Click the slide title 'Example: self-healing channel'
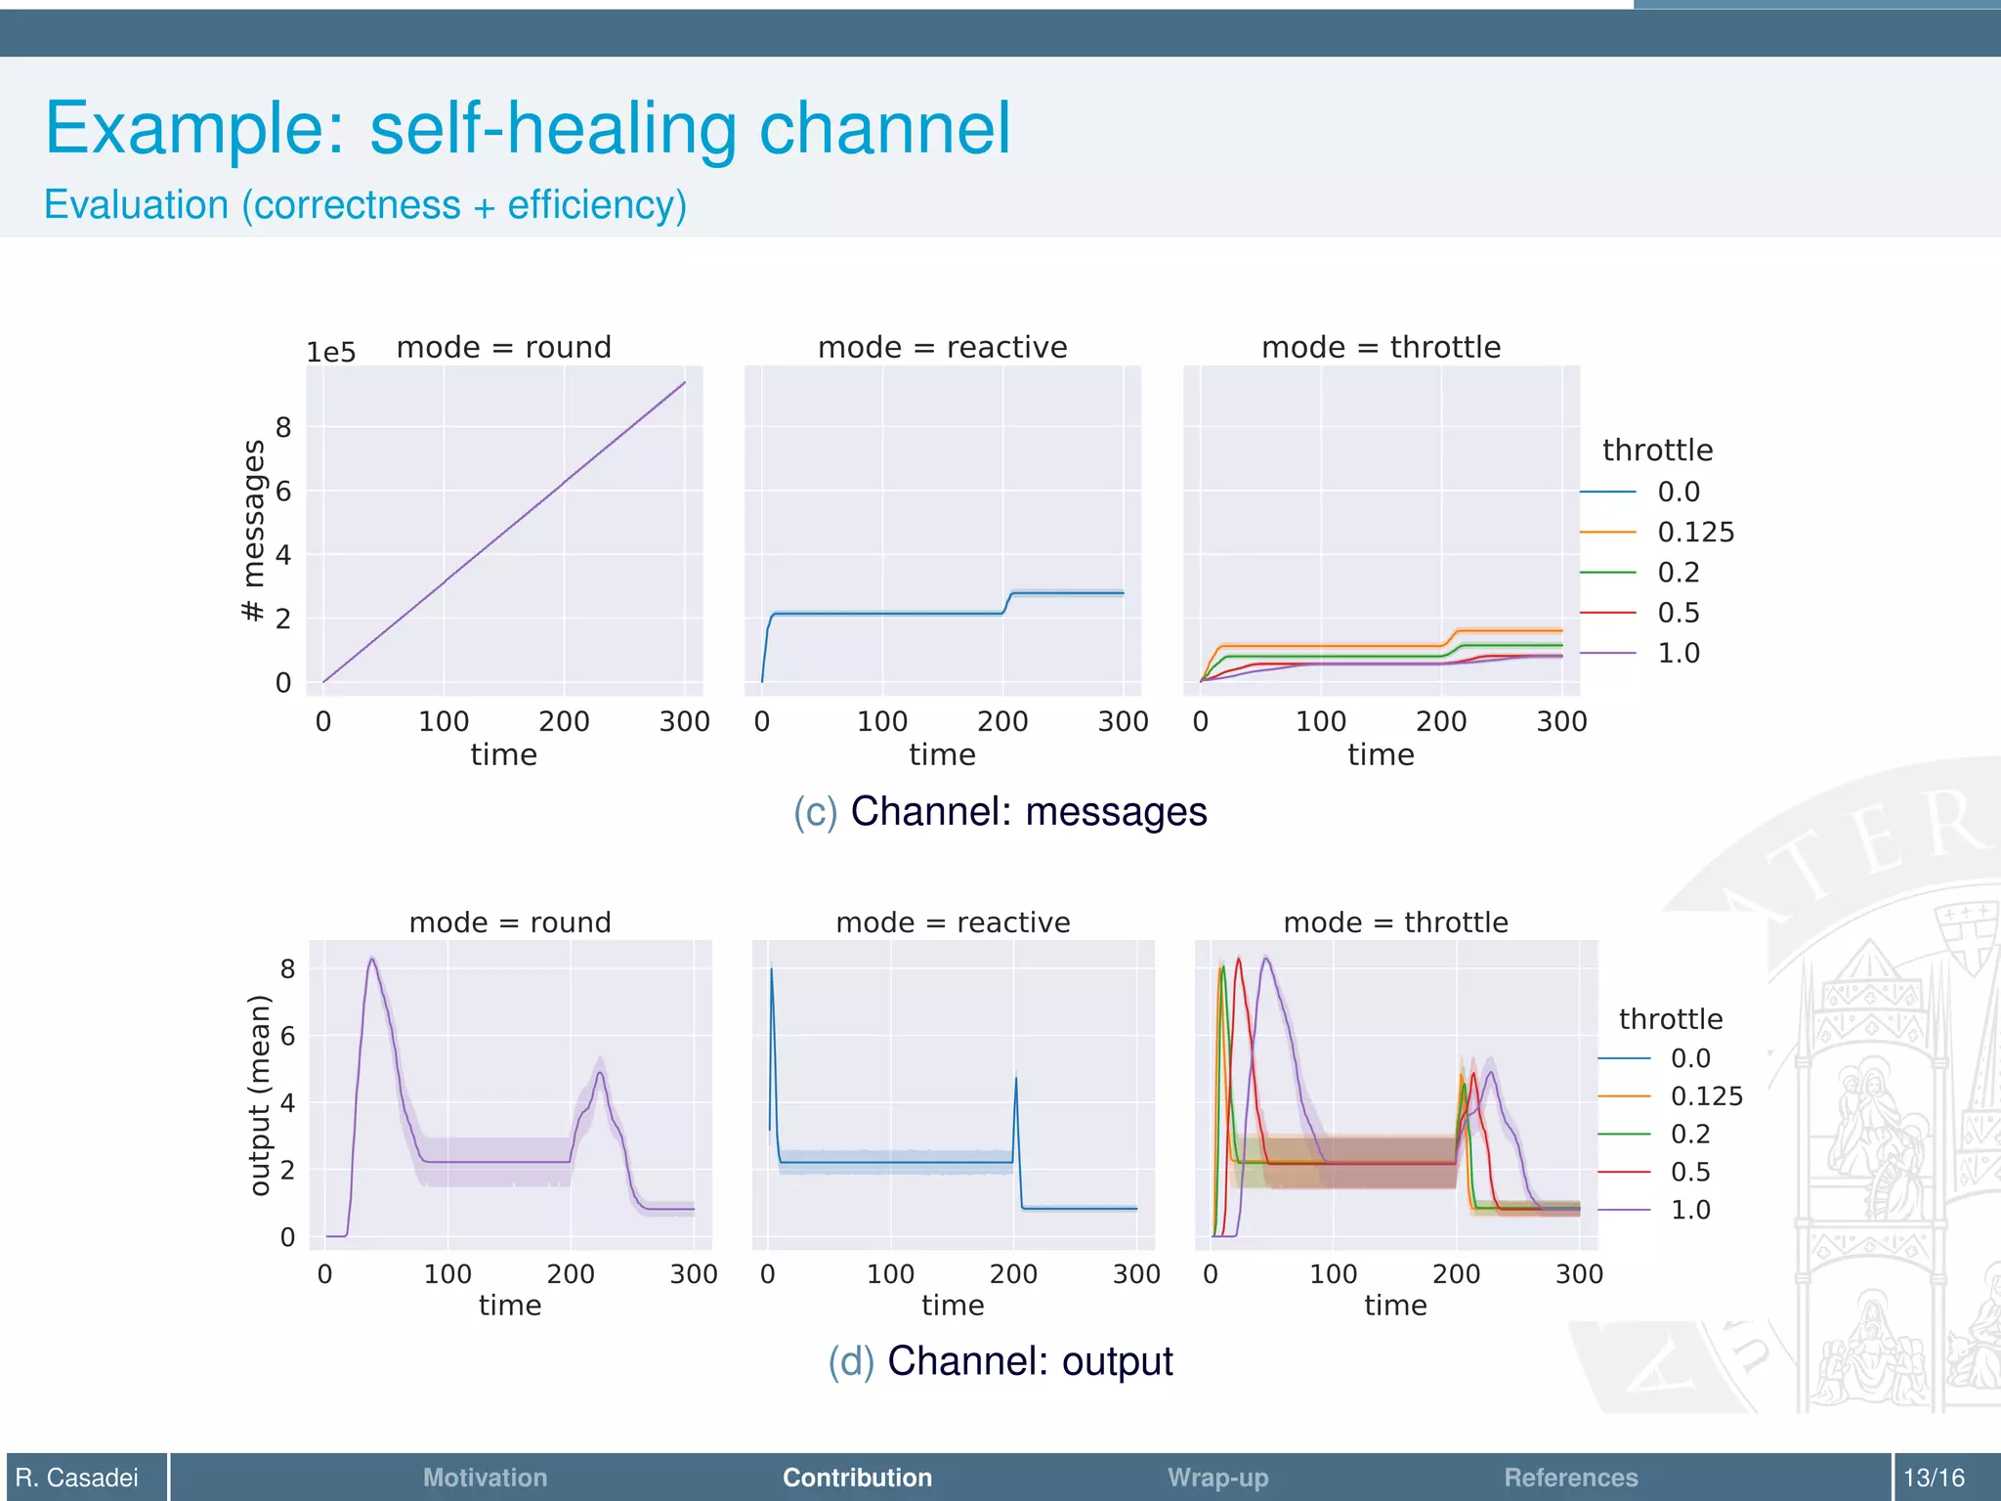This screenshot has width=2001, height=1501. click(528, 129)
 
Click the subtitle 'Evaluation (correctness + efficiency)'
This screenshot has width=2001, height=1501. click(365, 205)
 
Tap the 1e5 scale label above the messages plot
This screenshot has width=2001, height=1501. click(330, 353)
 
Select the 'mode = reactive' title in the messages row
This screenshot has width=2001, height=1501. click(942, 347)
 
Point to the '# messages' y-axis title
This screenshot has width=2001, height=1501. click(253, 530)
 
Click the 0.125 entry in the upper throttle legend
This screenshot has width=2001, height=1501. click(1695, 532)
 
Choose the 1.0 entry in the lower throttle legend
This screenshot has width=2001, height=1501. click(1689, 1210)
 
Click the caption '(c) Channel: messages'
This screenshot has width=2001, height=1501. click(1000, 811)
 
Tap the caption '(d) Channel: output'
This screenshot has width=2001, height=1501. click(1000, 1361)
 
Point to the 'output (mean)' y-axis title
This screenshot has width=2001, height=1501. click(258, 1094)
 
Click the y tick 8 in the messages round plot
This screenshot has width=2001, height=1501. click(283, 427)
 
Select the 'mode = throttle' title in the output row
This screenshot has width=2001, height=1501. click(1395, 922)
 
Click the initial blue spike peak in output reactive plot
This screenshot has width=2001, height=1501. click(772, 968)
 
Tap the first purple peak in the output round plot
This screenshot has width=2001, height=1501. click(371, 960)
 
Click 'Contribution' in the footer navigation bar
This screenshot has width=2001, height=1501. click(857, 1478)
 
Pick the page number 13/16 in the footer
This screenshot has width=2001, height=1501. click(1934, 1478)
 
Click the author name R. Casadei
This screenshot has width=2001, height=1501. click(77, 1478)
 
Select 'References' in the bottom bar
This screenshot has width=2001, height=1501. click(1570, 1478)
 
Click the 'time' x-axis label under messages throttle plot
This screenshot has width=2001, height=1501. click(1381, 754)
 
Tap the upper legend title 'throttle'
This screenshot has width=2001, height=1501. click(1657, 450)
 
